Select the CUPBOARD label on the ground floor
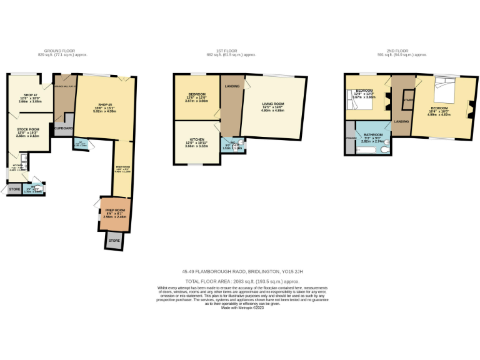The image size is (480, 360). point(64,127)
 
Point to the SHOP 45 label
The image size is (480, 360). point(104,104)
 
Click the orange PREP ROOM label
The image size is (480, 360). point(114,209)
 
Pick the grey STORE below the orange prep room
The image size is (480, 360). point(114,241)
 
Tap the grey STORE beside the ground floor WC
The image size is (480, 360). point(14,189)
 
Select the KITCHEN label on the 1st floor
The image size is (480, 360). point(196,141)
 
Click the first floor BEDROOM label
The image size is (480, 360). point(197,94)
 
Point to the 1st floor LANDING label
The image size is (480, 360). point(232,86)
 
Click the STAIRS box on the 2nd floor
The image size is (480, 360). point(409,99)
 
